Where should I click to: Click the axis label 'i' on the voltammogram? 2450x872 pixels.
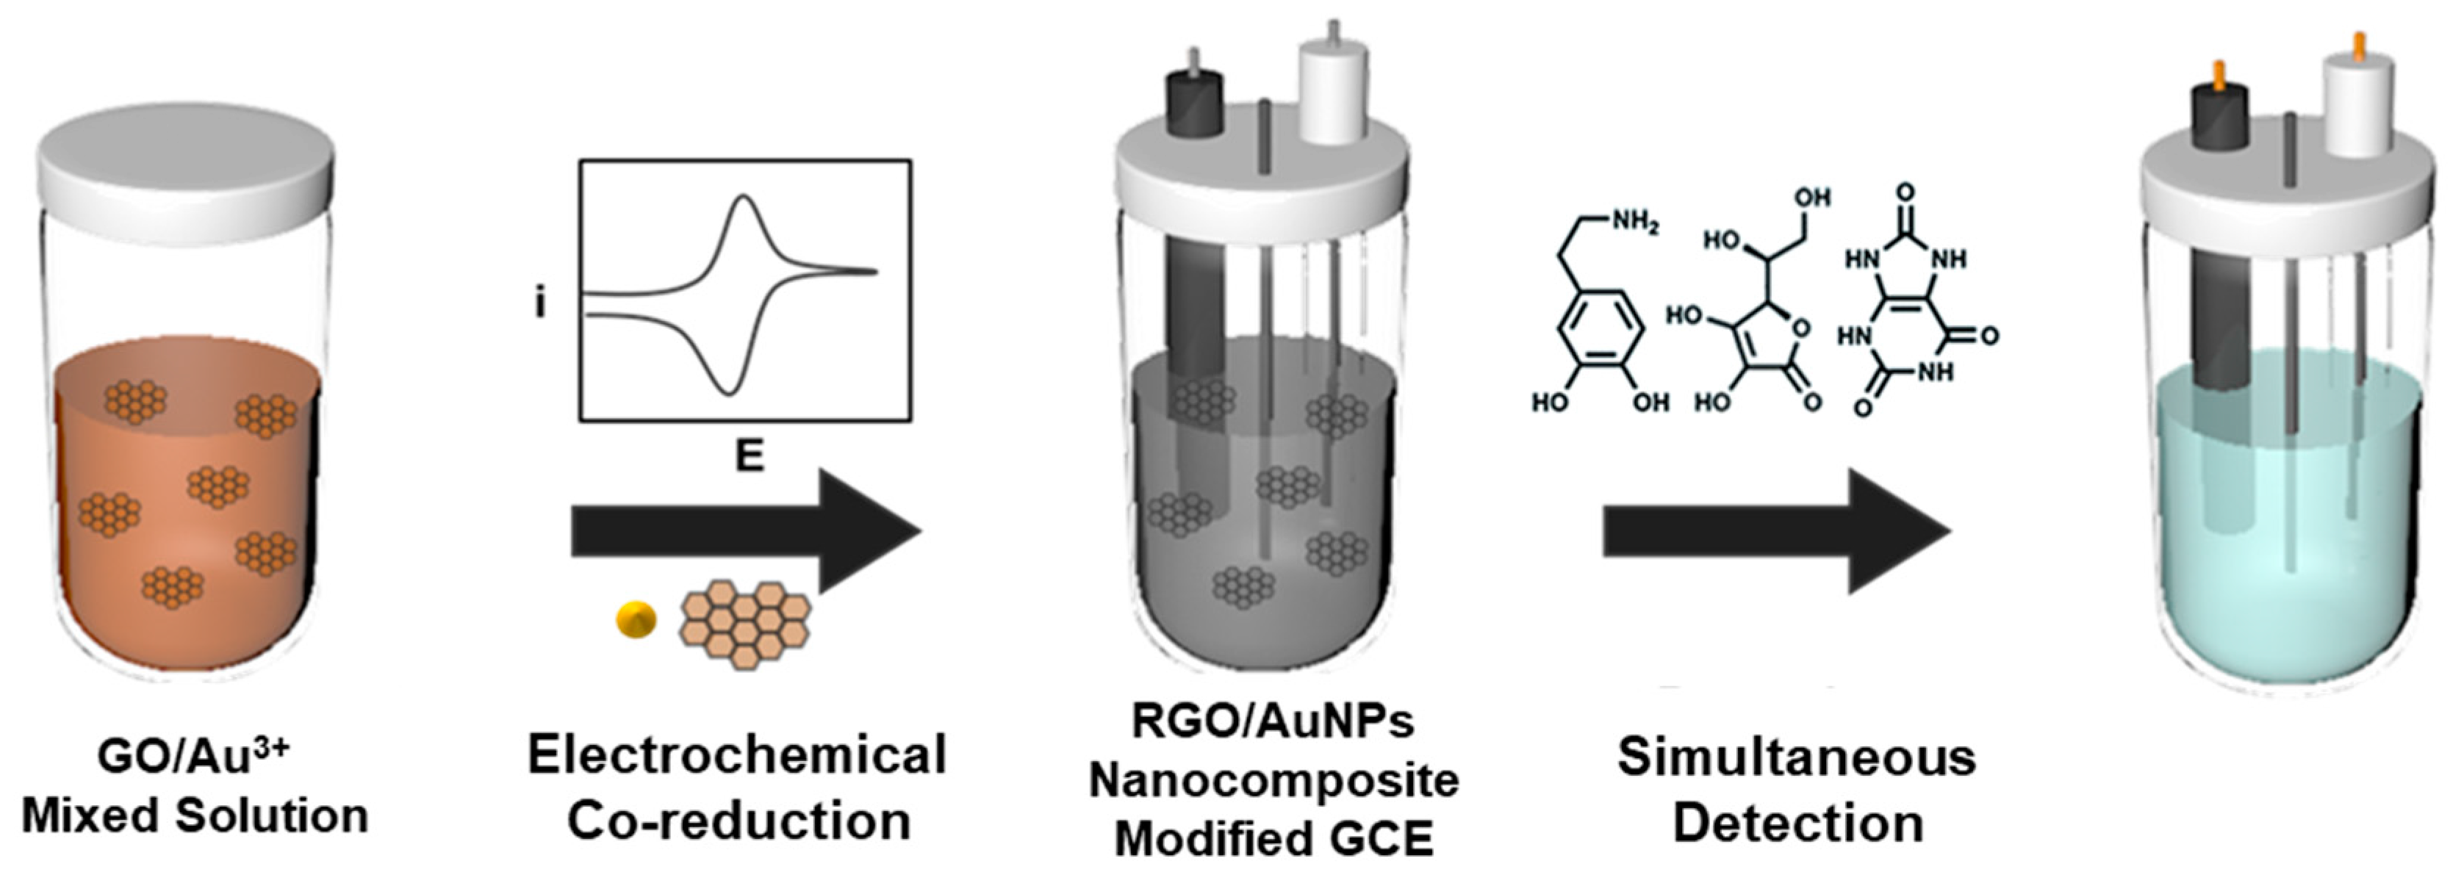coord(540,304)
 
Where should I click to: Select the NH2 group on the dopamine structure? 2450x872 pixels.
coord(1634,223)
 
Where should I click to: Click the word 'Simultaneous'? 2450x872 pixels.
coord(1797,758)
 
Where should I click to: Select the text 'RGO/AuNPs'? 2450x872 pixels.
coord(1273,721)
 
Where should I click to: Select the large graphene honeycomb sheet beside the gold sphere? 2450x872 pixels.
coord(744,623)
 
